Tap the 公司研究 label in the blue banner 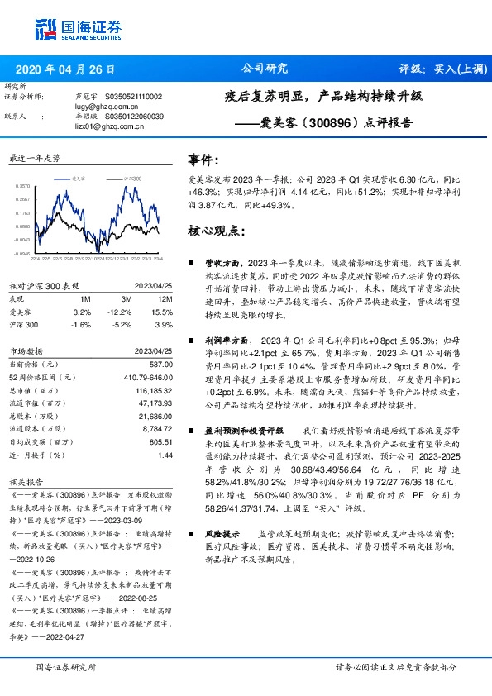coord(264,69)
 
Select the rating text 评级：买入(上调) coord(437,70)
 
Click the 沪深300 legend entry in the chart coord(131,178)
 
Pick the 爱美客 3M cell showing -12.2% coord(120,312)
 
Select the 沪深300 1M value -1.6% coord(82,324)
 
